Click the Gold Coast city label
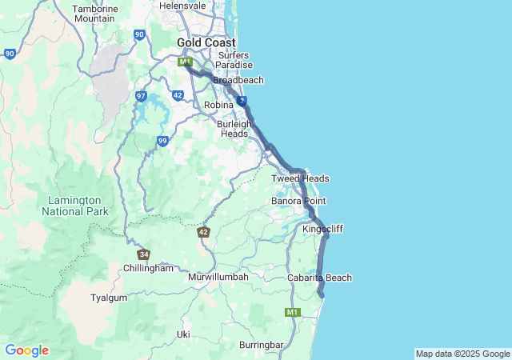(206, 42)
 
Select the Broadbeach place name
(238, 80)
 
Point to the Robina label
(218, 105)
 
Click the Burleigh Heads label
(234, 129)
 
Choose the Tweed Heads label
(300, 178)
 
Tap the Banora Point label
(298, 201)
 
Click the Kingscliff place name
(322, 229)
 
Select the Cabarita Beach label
(319, 278)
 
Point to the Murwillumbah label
(218, 277)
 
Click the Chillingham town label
(148, 268)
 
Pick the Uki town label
(184, 334)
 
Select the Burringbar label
(261, 345)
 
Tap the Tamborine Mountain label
(94, 14)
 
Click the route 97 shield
(141, 96)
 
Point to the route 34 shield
(143, 254)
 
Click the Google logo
(26, 350)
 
